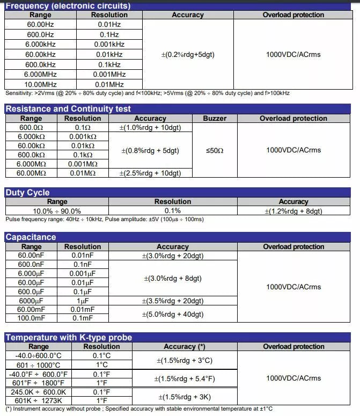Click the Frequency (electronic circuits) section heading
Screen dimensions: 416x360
68,6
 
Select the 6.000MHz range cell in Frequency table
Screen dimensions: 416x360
40,74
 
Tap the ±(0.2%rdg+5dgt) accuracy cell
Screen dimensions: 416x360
188,54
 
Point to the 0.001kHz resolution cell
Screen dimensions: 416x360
109,45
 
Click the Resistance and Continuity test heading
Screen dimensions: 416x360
68,109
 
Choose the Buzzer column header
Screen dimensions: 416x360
215,118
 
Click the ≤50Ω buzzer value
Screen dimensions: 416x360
215,150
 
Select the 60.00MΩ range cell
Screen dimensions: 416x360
33,173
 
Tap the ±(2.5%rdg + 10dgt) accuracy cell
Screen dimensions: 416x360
150,173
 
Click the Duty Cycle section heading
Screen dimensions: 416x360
27,193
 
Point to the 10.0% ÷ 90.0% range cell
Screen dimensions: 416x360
57,211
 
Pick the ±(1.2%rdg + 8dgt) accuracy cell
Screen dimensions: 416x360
293,211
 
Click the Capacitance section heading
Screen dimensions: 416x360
31,237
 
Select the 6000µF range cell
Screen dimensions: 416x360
31,301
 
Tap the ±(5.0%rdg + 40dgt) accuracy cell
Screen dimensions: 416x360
172,313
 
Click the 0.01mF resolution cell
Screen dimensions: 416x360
83,309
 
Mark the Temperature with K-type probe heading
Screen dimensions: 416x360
69,338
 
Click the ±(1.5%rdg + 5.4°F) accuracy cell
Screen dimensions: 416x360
185,378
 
